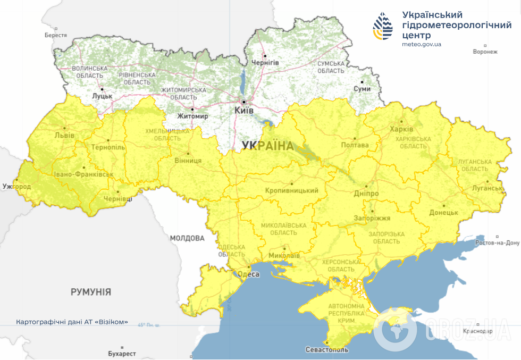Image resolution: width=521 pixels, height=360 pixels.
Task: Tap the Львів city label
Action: point(64,135)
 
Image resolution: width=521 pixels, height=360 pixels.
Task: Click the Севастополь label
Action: point(327,350)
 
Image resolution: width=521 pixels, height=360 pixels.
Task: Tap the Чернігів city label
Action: point(265,63)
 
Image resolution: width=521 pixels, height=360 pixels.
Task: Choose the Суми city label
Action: point(362,89)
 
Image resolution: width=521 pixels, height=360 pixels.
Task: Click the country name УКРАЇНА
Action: point(267,146)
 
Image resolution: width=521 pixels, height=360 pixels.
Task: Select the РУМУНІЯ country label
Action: point(91,292)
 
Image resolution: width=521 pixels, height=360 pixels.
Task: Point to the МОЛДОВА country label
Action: point(187,238)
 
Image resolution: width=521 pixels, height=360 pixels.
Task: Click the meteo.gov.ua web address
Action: point(422,44)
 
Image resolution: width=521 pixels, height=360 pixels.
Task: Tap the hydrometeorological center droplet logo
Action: point(384,27)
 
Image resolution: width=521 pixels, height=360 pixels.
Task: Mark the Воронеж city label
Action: point(485,52)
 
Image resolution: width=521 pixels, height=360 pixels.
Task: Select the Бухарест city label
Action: point(122,354)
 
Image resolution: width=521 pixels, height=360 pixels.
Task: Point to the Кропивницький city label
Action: point(292,191)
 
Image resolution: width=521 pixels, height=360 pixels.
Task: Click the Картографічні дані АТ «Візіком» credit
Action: point(72,322)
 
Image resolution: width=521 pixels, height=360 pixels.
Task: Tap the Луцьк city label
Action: point(102,96)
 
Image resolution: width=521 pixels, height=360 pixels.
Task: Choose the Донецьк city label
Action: point(444,212)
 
